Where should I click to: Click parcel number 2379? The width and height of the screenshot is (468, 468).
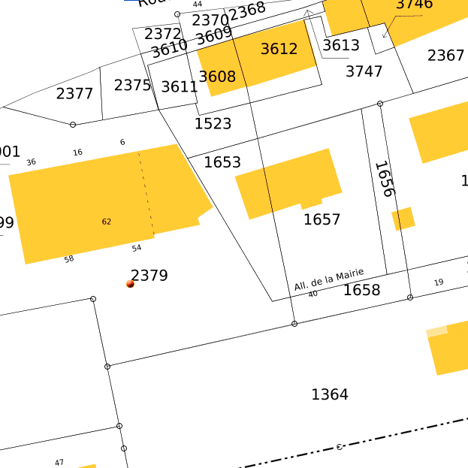[149, 276]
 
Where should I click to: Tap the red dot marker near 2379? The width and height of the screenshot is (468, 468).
[130, 284]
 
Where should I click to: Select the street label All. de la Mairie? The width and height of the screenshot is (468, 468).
[329, 279]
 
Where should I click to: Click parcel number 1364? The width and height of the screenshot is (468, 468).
[330, 394]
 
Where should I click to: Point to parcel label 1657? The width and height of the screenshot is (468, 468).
[322, 219]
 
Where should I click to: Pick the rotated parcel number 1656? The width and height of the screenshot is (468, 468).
[384, 179]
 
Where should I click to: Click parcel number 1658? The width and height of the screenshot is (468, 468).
[361, 290]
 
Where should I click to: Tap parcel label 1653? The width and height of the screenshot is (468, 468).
[222, 162]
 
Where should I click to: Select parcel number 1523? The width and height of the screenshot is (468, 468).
[213, 124]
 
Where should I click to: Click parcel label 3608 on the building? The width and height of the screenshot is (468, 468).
[217, 77]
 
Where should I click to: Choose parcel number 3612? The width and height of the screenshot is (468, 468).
[279, 50]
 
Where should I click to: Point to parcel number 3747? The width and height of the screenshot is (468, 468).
[364, 71]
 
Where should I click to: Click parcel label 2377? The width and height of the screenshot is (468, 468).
[74, 94]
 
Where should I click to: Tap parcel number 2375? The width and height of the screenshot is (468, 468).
[132, 86]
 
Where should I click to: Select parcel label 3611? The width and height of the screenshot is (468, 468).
[180, 86]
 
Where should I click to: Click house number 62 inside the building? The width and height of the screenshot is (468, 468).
[107, 222]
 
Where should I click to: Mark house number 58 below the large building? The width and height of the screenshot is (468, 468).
[69, 259]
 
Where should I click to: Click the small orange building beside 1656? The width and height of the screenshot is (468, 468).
[403, 219]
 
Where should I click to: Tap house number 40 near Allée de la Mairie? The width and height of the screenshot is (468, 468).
[313, 294]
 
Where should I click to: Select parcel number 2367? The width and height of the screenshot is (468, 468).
[445, 56]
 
